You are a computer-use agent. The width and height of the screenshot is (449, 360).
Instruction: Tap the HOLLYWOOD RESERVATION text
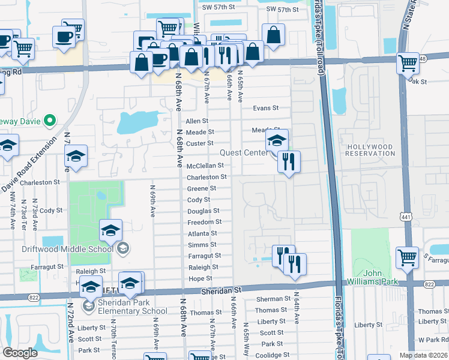point(369,151)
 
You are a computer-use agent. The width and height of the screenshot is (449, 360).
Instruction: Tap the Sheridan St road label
point(221,289)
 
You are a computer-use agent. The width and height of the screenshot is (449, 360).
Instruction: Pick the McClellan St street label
point(205,166)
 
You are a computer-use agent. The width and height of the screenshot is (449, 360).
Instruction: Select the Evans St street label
point(266,108)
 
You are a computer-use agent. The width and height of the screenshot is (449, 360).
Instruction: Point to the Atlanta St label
point(202,234)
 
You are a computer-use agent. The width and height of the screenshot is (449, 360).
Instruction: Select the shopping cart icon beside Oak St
point(408,62)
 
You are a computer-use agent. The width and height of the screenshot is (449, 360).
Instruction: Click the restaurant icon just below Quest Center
point(289,162)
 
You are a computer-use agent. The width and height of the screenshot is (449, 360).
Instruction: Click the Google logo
point(20,353)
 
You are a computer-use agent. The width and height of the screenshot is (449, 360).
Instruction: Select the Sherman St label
point(273,299)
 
